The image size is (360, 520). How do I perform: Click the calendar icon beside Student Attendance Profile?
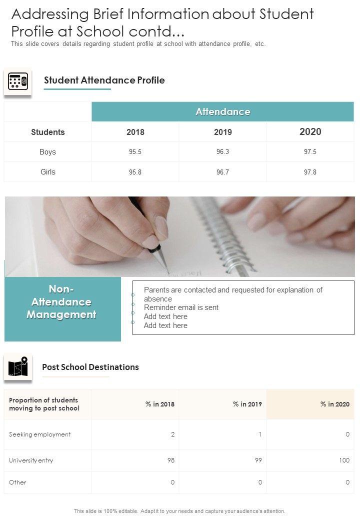click(18, 81)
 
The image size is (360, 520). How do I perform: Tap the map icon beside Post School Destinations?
click(18, 368)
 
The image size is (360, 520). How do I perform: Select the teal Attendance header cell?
click(222, 111)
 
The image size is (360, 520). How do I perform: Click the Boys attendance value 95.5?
click(135, 152)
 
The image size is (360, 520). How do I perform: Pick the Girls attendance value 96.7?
click(222, 172)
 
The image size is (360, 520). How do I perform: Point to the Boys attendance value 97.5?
click(310, 152)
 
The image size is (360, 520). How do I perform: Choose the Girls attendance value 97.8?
click(310, 172)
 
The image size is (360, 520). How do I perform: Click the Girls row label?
click(48, 172)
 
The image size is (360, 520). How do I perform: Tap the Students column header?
click(48, 132)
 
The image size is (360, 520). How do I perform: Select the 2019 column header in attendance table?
click(222, 132)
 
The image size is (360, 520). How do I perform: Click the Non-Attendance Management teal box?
click(62, 309)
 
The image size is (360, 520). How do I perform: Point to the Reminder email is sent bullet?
click(181, 307)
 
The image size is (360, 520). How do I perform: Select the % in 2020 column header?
click(334, 404)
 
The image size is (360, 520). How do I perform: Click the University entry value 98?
click(170, 460)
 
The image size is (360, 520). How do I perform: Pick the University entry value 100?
click(344, 460)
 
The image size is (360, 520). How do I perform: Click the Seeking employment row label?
click(40, 434)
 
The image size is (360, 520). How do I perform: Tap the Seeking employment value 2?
click(172, 434)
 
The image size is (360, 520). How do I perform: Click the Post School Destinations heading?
click(90, 367)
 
